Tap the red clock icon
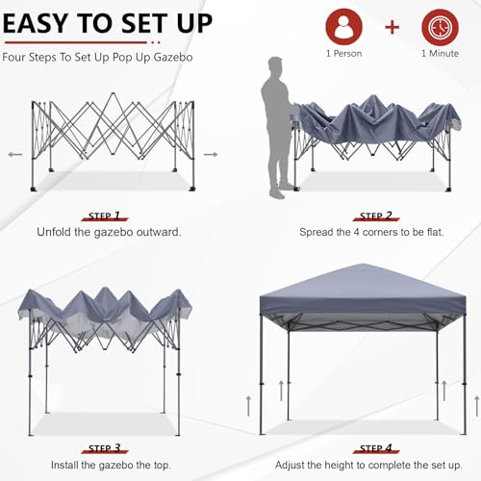tap(439, 26)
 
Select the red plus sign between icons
tap(392, 26)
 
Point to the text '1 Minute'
tap(439, 54)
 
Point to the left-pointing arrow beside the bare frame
tap(13, 153)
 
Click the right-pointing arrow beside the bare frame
tap(211, 153)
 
